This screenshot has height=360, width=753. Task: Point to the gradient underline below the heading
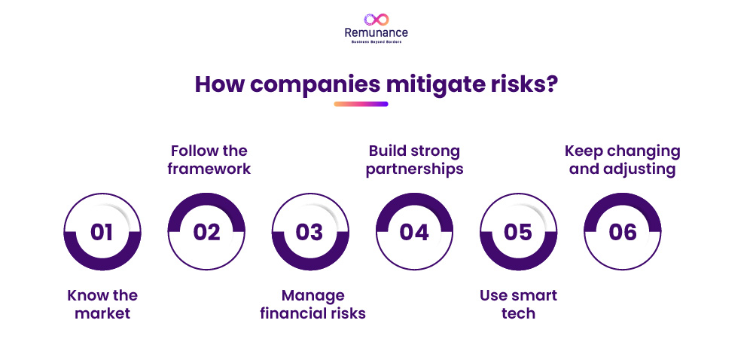coord(361,104)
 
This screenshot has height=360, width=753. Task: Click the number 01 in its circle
coord(102,232)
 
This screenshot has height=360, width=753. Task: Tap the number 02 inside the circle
coord(206,232)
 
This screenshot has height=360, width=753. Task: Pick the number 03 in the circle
coord(309,232)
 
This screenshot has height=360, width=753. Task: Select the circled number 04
coord(414,232)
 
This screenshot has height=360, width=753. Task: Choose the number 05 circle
coord(518,232)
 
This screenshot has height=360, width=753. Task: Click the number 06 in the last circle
coord(623,232)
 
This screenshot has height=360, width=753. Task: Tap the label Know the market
coord(102,304)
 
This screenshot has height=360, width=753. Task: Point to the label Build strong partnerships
coord(414,160)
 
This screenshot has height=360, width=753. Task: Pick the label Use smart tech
coord(518,304)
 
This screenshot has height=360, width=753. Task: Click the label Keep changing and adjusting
coord(622,160)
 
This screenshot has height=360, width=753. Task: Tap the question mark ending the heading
coord(551,84)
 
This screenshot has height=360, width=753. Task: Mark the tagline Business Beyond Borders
coord(376,43)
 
